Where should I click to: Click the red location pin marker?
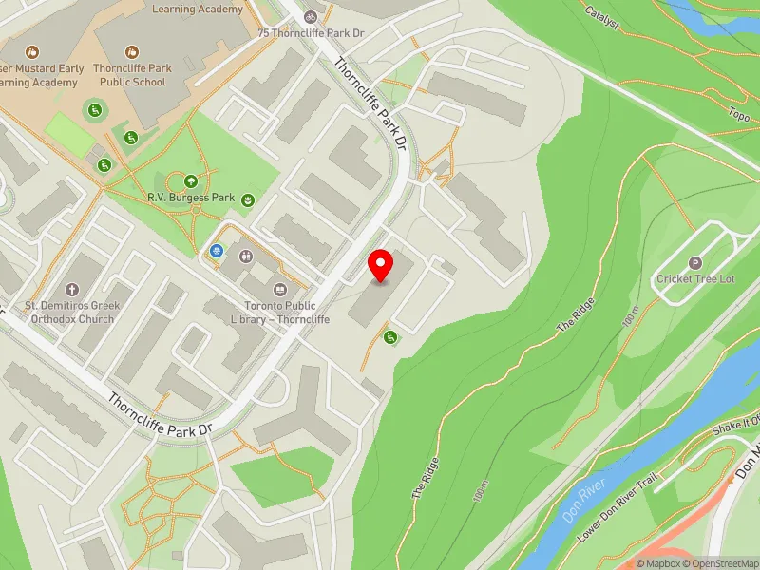click(381, 266)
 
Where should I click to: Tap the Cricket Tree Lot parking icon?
click(694, 263)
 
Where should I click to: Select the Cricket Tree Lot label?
click(695, 279)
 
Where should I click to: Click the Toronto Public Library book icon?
click(279, 289)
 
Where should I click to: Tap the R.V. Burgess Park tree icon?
click(191, 180)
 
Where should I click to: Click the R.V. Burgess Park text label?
click(191, 199)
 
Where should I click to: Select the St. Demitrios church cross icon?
click(70, 289)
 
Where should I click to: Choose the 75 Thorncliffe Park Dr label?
click(311, 32)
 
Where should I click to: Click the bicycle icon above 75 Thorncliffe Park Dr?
click(311, 16)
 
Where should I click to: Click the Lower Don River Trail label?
click(617, 508)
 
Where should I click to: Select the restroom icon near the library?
click(247, 255)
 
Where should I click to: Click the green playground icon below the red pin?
click(389, 336)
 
